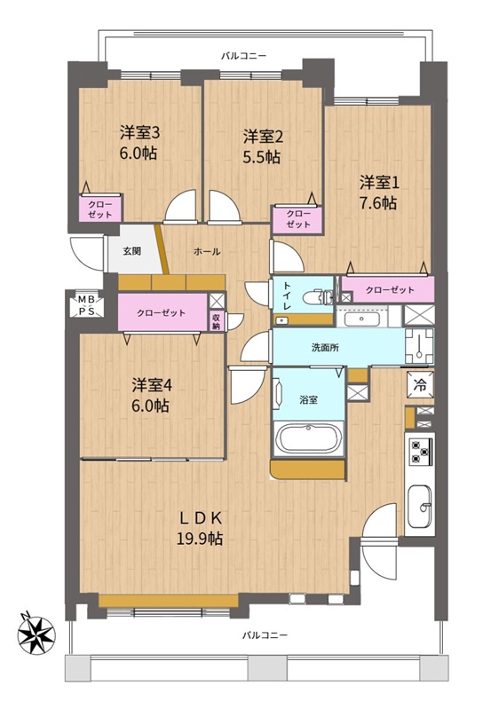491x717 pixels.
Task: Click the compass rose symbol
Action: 36,634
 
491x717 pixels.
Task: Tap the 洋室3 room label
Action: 139,133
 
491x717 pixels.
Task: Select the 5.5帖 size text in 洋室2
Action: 261,157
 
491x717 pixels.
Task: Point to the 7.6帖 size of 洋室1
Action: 377,202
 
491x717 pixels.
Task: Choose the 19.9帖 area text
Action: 200,540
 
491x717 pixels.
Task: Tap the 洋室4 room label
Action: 152,385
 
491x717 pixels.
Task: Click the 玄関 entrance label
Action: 131,251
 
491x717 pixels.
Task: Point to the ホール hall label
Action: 207,251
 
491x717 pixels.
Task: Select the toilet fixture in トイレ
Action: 318,297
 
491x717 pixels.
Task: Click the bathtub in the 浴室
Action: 308,438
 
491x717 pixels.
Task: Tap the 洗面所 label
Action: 325,347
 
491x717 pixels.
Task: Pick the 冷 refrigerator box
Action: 420,384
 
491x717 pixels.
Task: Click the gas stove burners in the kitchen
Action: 421,451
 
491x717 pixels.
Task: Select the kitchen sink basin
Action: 420,507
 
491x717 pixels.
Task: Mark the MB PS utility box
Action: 86,305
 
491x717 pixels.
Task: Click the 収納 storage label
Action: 217,320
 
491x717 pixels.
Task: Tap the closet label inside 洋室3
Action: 99,209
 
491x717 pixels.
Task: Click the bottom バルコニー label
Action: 264,635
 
